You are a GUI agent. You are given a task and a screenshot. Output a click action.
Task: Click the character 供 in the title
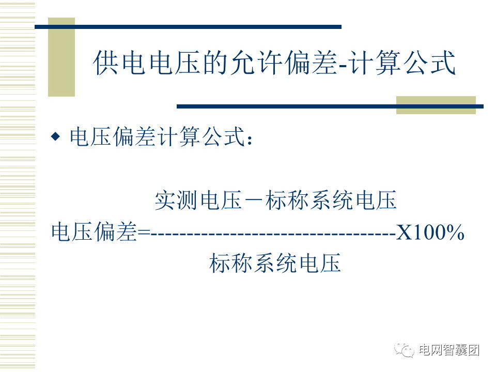tap(106, 63)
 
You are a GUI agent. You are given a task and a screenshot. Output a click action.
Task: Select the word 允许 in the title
tap(256, 63)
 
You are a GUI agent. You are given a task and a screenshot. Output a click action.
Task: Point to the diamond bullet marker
tap(56, 136)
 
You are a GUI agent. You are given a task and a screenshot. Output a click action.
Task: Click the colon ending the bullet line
tap(250, 140)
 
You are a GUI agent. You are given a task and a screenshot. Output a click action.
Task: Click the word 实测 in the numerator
tap(176, 200)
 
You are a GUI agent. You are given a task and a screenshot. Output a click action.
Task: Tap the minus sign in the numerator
tap(254, 200)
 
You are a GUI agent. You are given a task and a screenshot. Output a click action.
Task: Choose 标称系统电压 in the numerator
tap(331, 200)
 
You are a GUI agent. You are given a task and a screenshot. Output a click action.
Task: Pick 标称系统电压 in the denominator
tap(275, 262)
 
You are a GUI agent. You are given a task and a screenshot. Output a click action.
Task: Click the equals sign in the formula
tap(144, 233)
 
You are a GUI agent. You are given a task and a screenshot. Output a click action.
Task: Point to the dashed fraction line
tap(273, 235)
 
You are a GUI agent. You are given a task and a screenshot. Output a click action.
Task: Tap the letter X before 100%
tap(405, 233)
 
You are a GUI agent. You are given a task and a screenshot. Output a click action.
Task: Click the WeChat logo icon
tap(404, 350)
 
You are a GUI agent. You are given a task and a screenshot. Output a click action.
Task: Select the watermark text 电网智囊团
tap(449, 350)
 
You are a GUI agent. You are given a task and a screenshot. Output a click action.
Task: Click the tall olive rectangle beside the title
tap(61, 57)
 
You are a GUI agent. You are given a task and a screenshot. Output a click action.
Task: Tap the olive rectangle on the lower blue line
tap(436, 105)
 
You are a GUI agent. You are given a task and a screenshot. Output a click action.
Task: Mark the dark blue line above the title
tap(188, 27)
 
